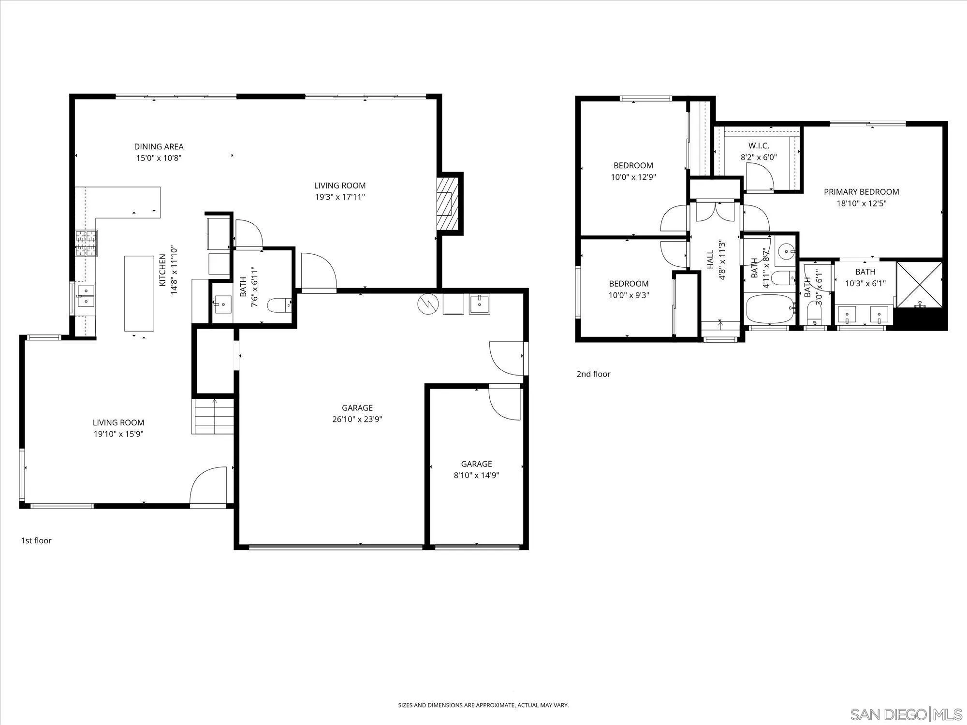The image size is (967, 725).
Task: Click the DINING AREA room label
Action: tap(159, 146)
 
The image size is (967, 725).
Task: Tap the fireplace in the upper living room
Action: tap(447, 203)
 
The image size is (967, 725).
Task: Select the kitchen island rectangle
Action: tap(139, 293)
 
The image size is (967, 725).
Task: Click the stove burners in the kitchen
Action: tap(86, 243)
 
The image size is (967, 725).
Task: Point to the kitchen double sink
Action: tap(86, 296)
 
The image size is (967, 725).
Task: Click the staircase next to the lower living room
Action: tap(213, 416)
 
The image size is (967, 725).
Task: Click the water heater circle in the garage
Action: tap(429, 304)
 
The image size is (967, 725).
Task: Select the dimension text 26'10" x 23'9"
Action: tap(357, 420)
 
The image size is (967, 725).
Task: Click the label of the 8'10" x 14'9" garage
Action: tap(476, 464)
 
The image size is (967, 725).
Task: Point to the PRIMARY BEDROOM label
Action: tap(861, 192)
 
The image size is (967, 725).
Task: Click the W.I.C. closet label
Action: tap(759, 145)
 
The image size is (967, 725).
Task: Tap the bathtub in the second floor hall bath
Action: tap(770, 309)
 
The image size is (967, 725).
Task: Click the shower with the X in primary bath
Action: tap(919, 284)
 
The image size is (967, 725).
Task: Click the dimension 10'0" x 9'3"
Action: tap(629, 295)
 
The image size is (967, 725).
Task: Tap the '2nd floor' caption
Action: tap(593, 374)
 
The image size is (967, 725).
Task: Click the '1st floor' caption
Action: tap(36, 540)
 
